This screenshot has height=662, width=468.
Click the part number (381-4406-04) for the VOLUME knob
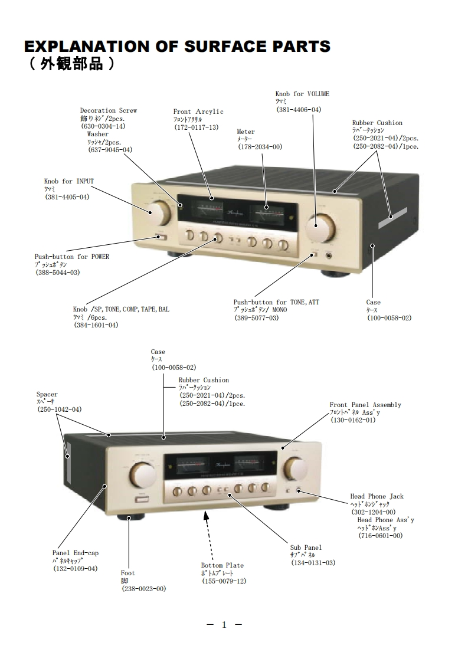coord(299,110)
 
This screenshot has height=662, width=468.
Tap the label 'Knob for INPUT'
coord(69,181)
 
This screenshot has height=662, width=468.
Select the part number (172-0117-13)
coord(197,127)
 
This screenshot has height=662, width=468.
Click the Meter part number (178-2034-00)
coord(260,147)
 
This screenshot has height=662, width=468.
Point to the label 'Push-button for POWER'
coord(72,257)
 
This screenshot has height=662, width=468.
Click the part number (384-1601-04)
coord(96,325)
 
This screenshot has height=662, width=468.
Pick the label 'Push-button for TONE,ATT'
coord(276,302)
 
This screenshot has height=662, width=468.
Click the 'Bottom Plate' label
coord(222,565)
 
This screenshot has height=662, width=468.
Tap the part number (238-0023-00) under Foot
coord(144,589)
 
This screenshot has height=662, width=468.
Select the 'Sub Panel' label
coord(306,548)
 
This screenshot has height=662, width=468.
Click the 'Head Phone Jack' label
coord(377,496)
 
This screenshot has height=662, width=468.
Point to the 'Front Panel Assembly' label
coord(365,405)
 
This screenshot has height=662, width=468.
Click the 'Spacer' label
coord(47,394)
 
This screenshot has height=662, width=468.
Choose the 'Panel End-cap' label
coord(76,553)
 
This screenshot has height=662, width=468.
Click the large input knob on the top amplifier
coord(157,213)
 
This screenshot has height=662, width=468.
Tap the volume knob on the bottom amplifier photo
coord(295,468)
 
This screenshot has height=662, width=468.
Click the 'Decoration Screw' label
coord(109,110)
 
